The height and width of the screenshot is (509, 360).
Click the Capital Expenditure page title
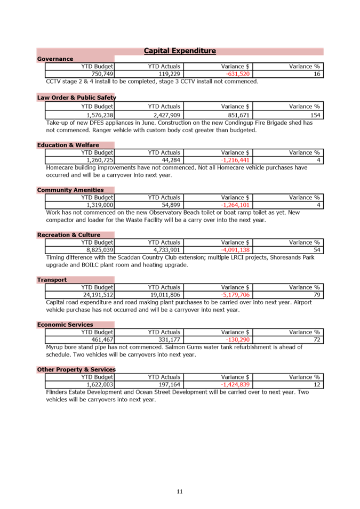click(x=180, y=51)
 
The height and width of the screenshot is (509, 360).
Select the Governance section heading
click(x=55, y=59)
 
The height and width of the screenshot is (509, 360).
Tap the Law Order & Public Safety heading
click(x=76, y=98)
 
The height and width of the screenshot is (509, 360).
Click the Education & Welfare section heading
click(x=68, y=145)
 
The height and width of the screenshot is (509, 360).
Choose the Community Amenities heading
click(x=70, y=190)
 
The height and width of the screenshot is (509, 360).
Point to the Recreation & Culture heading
click(x=68, y=235)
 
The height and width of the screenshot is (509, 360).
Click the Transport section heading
click(x=52, y=280)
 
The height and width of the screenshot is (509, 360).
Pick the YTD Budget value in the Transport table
click(x=97, y=294)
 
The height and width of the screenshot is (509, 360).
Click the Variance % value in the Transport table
click(x=317, y=294)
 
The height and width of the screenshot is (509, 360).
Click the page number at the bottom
click(x=180, y=491)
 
